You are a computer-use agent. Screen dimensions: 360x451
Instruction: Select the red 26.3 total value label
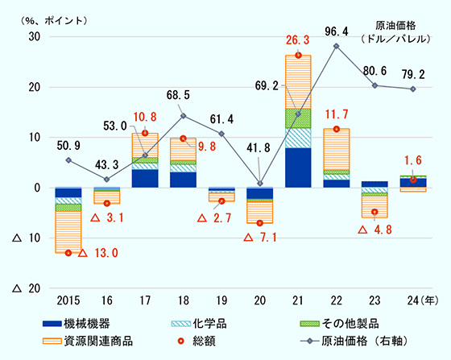[298, 39]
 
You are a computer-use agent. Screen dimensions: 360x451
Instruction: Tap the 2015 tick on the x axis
[68, 302]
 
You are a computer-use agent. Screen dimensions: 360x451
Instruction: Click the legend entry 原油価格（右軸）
[353, 340]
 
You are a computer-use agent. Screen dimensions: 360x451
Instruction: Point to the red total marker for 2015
[68, 253]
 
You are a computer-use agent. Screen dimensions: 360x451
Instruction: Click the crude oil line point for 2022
[337, 46]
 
